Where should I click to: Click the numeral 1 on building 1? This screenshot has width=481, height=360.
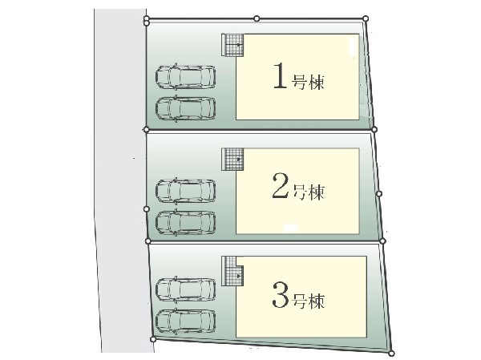[280, 75]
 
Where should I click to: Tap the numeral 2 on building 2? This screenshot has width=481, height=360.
[281, 185]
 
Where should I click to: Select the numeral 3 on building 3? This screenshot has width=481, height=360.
[281, 295]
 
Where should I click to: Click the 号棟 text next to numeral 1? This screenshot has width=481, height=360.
[308, 83]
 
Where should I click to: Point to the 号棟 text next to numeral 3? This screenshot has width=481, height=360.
[308, 301]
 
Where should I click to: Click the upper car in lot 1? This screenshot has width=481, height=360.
[185, 77]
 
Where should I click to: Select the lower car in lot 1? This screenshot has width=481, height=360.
[185, 109]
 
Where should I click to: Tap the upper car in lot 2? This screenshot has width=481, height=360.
[185, 191]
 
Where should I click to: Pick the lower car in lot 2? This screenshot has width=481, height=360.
[185, 222]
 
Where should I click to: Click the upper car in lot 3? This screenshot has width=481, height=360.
[185, 289]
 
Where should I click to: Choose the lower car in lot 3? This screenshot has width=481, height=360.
[185, 321]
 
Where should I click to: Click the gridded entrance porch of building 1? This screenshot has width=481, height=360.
[232, 45]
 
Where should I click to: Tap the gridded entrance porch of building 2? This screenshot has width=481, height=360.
[232, 160]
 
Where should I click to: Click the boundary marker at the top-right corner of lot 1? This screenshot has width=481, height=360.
[366, 18]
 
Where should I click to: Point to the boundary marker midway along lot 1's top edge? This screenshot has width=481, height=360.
[257, 18]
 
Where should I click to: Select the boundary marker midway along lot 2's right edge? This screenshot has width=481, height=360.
[379, 194]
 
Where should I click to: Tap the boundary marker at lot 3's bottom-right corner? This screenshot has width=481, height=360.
[391, 354]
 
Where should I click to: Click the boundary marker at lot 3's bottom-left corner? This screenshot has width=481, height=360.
[153, 339]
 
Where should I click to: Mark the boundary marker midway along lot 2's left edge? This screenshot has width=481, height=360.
[147, 209]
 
